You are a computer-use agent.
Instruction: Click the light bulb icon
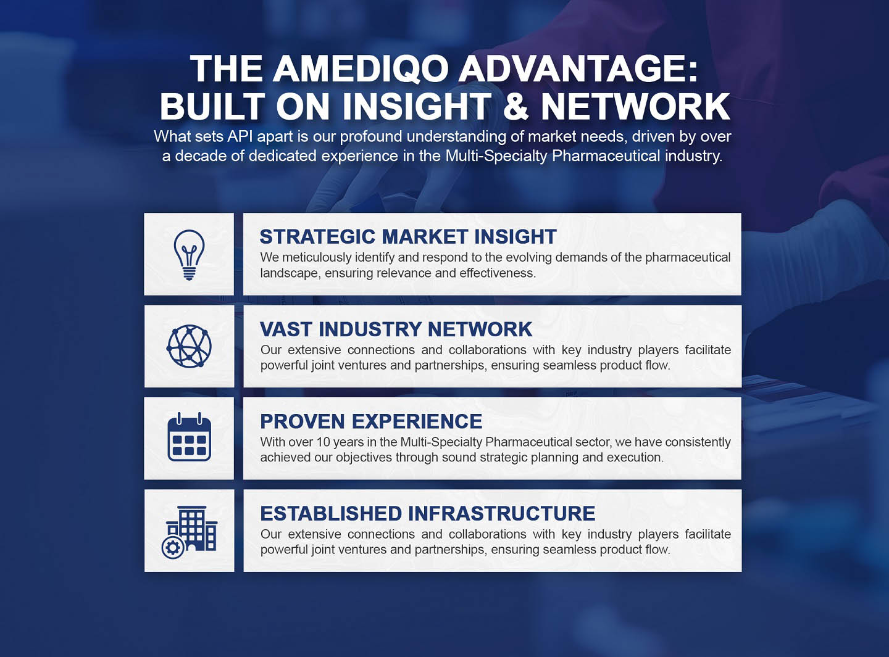coord(189,255)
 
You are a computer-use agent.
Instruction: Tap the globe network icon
coord(189,346)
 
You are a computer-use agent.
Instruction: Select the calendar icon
coord(189,437)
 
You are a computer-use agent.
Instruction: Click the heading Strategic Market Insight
coord(408,237)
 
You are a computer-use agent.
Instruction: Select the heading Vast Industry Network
coord(396,329)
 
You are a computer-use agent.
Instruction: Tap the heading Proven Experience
coord(371,421)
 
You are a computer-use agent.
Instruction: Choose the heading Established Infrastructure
coord(428,514)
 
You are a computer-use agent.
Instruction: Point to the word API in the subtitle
coord(240,136)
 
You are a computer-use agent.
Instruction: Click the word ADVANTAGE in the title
coord(578,68)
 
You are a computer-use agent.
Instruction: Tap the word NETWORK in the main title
coord(636,106)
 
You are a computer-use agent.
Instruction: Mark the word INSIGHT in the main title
coord(417,106)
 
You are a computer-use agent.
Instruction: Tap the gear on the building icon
coord(173,548)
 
